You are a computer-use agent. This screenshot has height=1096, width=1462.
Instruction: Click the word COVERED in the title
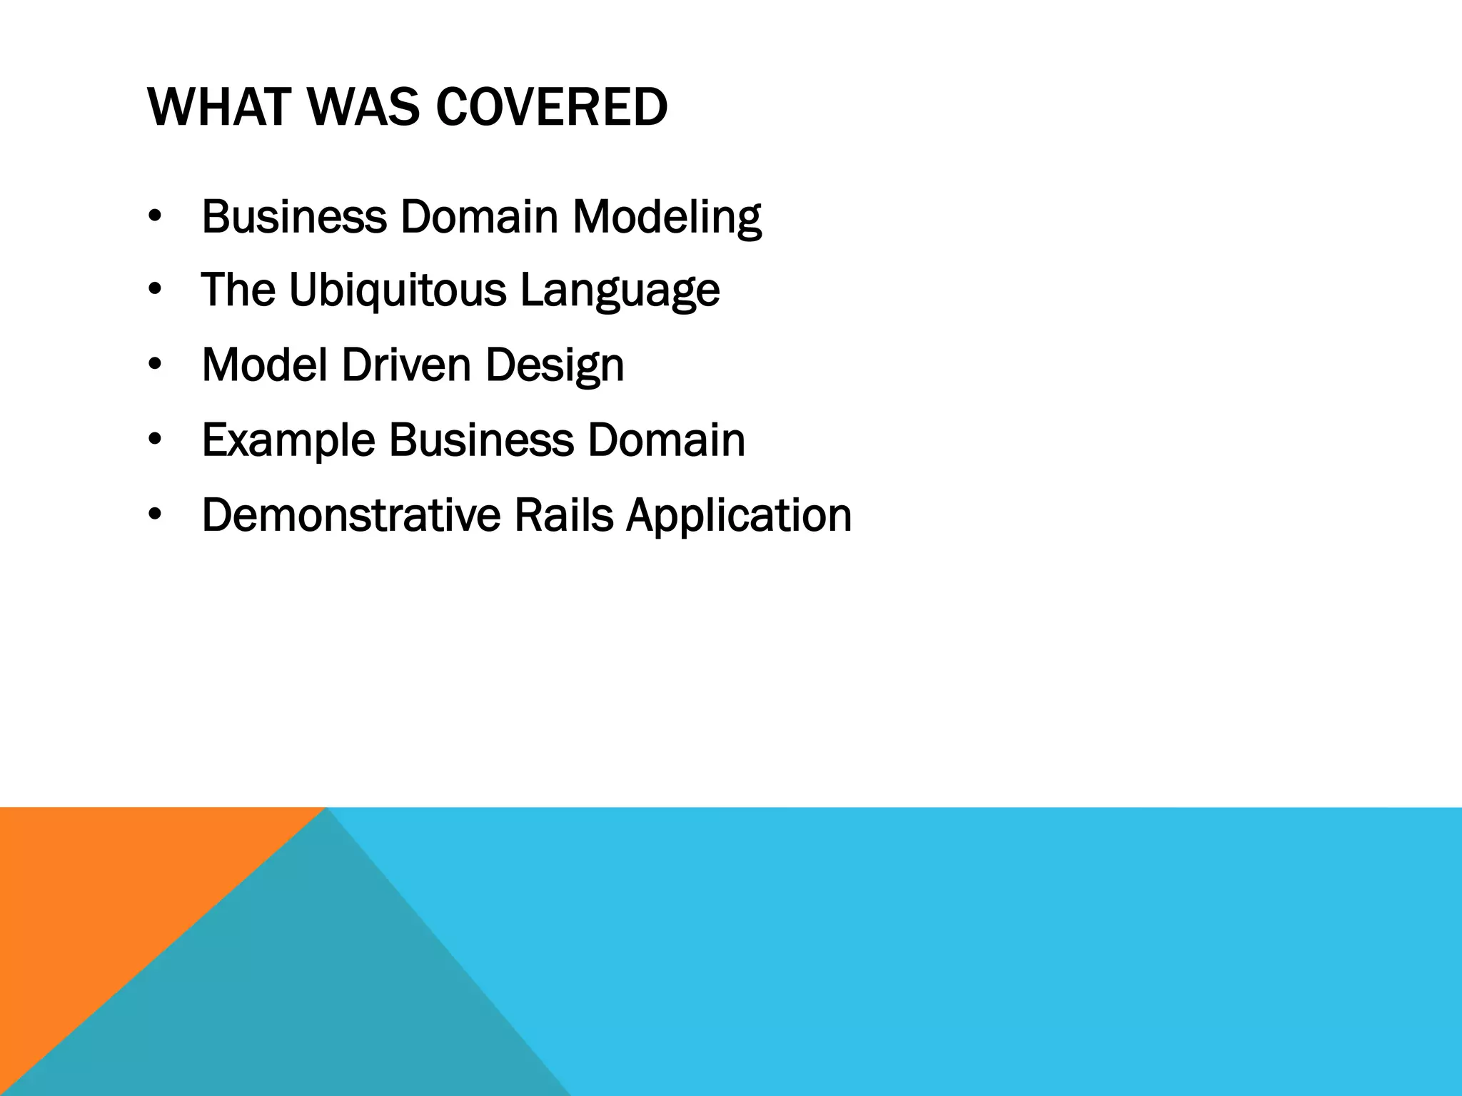[x=551, y=108]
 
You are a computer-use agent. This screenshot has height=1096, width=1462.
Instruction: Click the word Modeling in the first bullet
[x=667, y=218]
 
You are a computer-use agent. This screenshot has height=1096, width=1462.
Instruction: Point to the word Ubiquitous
[x=397, y=291]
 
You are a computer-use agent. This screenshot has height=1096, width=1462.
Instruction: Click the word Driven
[x=406, y=365]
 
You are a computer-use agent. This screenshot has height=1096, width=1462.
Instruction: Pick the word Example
[x=288, y=441]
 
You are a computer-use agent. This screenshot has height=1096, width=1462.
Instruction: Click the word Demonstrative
[x=351, y=515]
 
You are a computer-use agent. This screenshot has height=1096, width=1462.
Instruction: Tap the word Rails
[x=563, y=515]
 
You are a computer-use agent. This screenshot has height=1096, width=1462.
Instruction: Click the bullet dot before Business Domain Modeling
[x=155, y=218]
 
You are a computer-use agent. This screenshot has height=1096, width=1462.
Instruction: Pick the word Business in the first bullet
[x=293, y=217]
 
